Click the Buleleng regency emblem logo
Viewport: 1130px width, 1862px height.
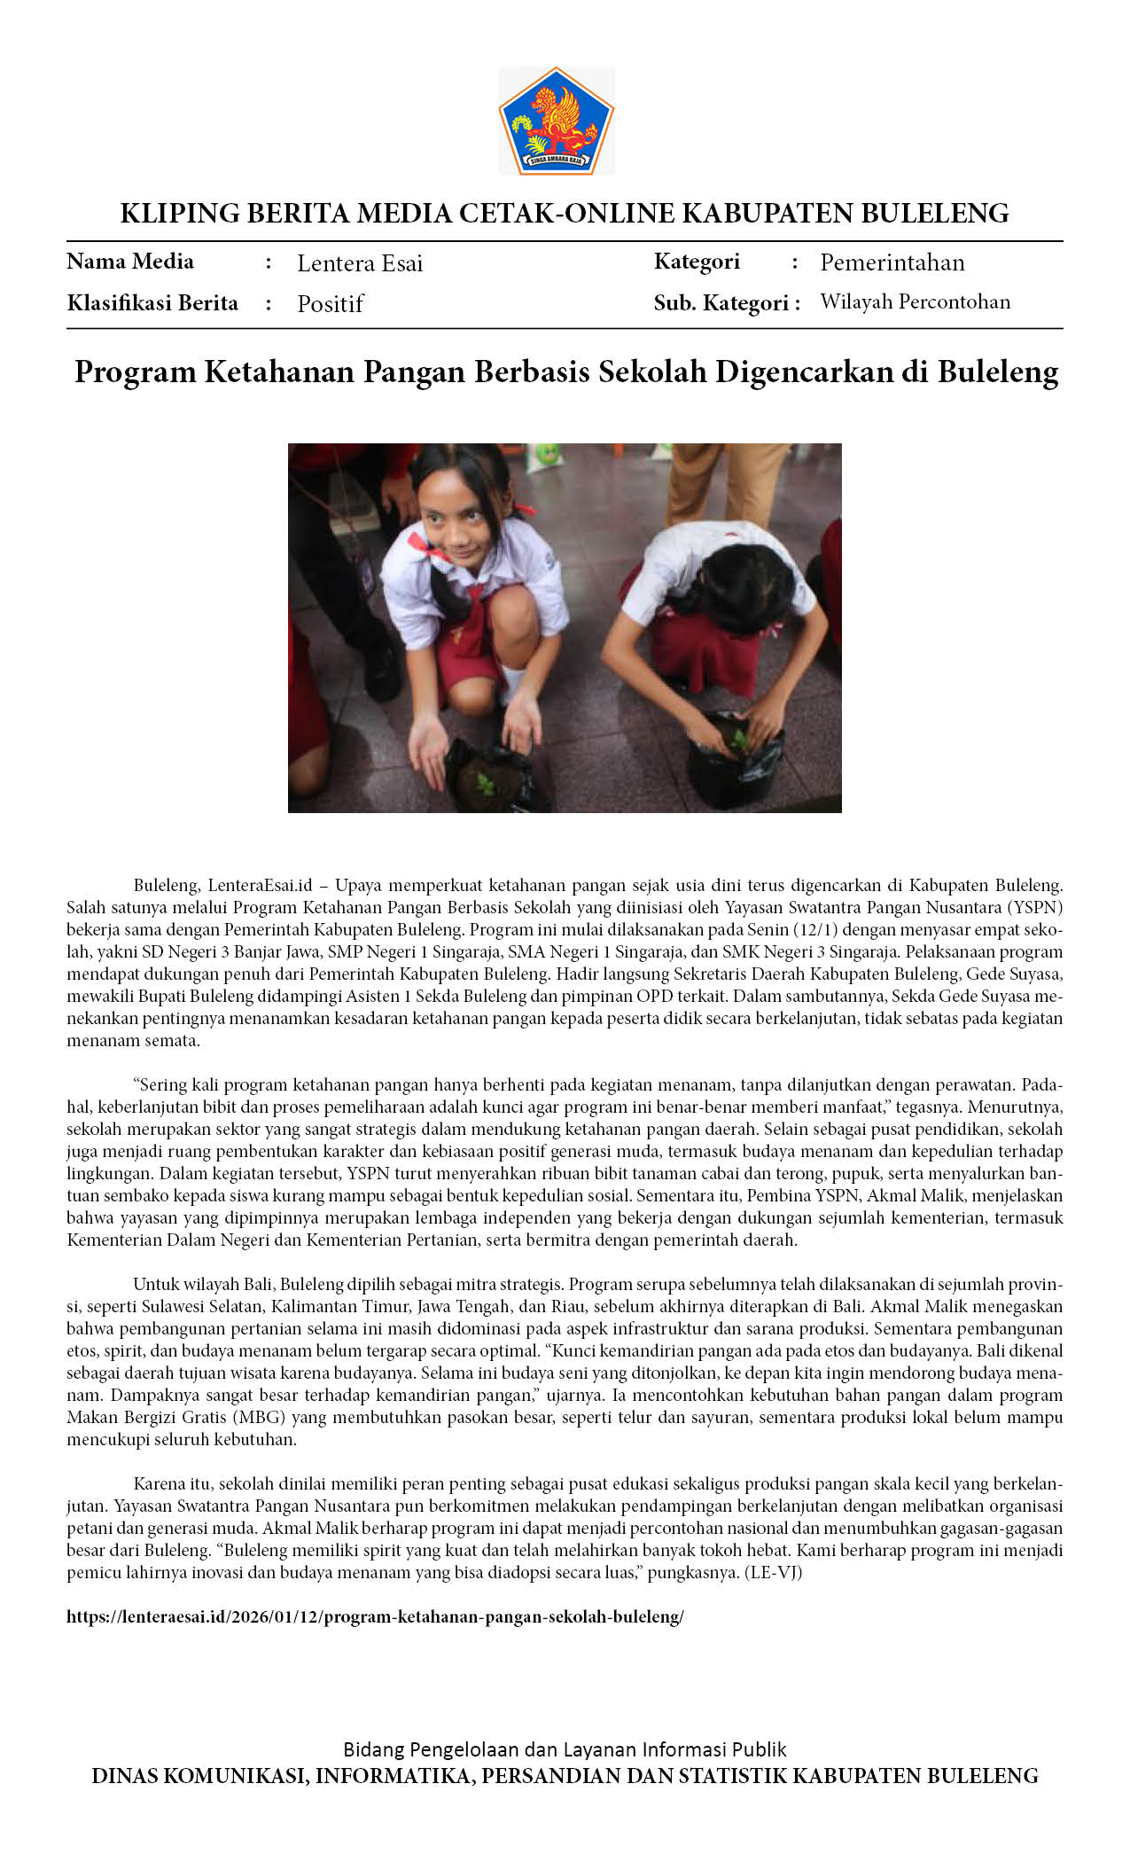[557, 121]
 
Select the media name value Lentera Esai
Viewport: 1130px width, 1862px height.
[359, 263]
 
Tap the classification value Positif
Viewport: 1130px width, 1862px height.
[330, 304]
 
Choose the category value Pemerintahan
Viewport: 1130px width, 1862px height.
[892, 262]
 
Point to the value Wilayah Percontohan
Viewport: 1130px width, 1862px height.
[915, 302]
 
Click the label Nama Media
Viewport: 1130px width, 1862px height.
[130, 262]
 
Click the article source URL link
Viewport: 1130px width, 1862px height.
[375, 1616]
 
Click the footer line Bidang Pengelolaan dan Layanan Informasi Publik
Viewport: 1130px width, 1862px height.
[565, 1749]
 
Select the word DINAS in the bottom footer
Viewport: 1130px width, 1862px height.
[125, 1776]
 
